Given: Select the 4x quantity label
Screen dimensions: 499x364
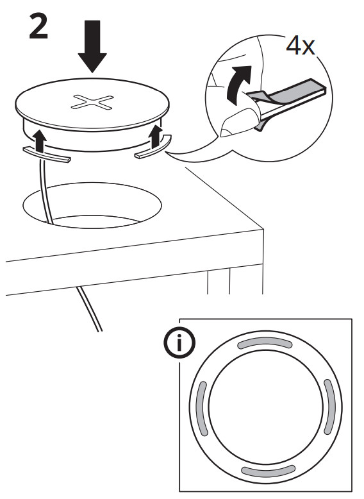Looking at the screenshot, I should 301,46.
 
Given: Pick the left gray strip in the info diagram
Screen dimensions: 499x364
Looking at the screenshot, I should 201,409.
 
